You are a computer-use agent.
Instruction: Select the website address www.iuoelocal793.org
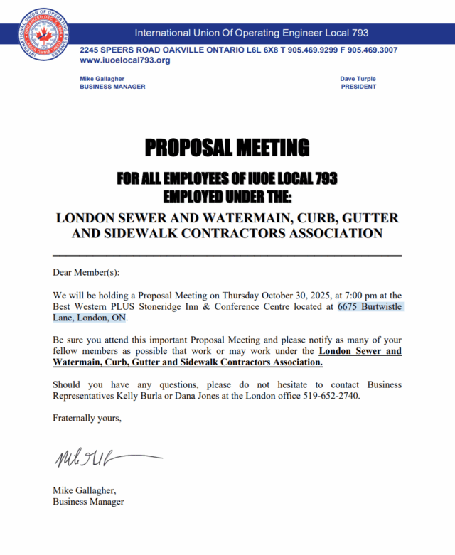tap(125, 60)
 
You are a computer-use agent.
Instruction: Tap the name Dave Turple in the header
tap(358, 79)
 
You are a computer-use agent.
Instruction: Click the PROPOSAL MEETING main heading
tap(227, 148)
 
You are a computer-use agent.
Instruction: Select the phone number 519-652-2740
tap(336, 396)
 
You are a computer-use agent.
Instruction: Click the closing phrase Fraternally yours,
tap(87, 418)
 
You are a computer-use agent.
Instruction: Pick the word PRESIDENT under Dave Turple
tap(358, 87)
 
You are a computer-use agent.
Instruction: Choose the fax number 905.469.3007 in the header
tap(367, 50)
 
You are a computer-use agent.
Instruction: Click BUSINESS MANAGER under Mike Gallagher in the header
tap(112, 87)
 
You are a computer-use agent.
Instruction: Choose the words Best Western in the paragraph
tap(80, 307)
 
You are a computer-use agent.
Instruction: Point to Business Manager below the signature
tap(88, 502)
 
